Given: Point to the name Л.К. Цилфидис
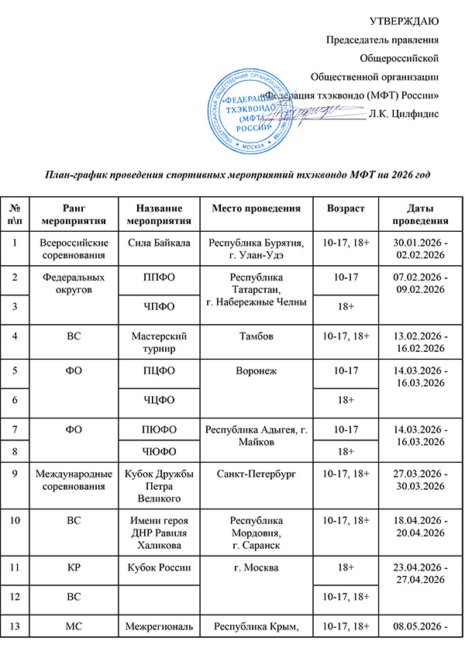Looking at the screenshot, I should (x=405, y=114).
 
